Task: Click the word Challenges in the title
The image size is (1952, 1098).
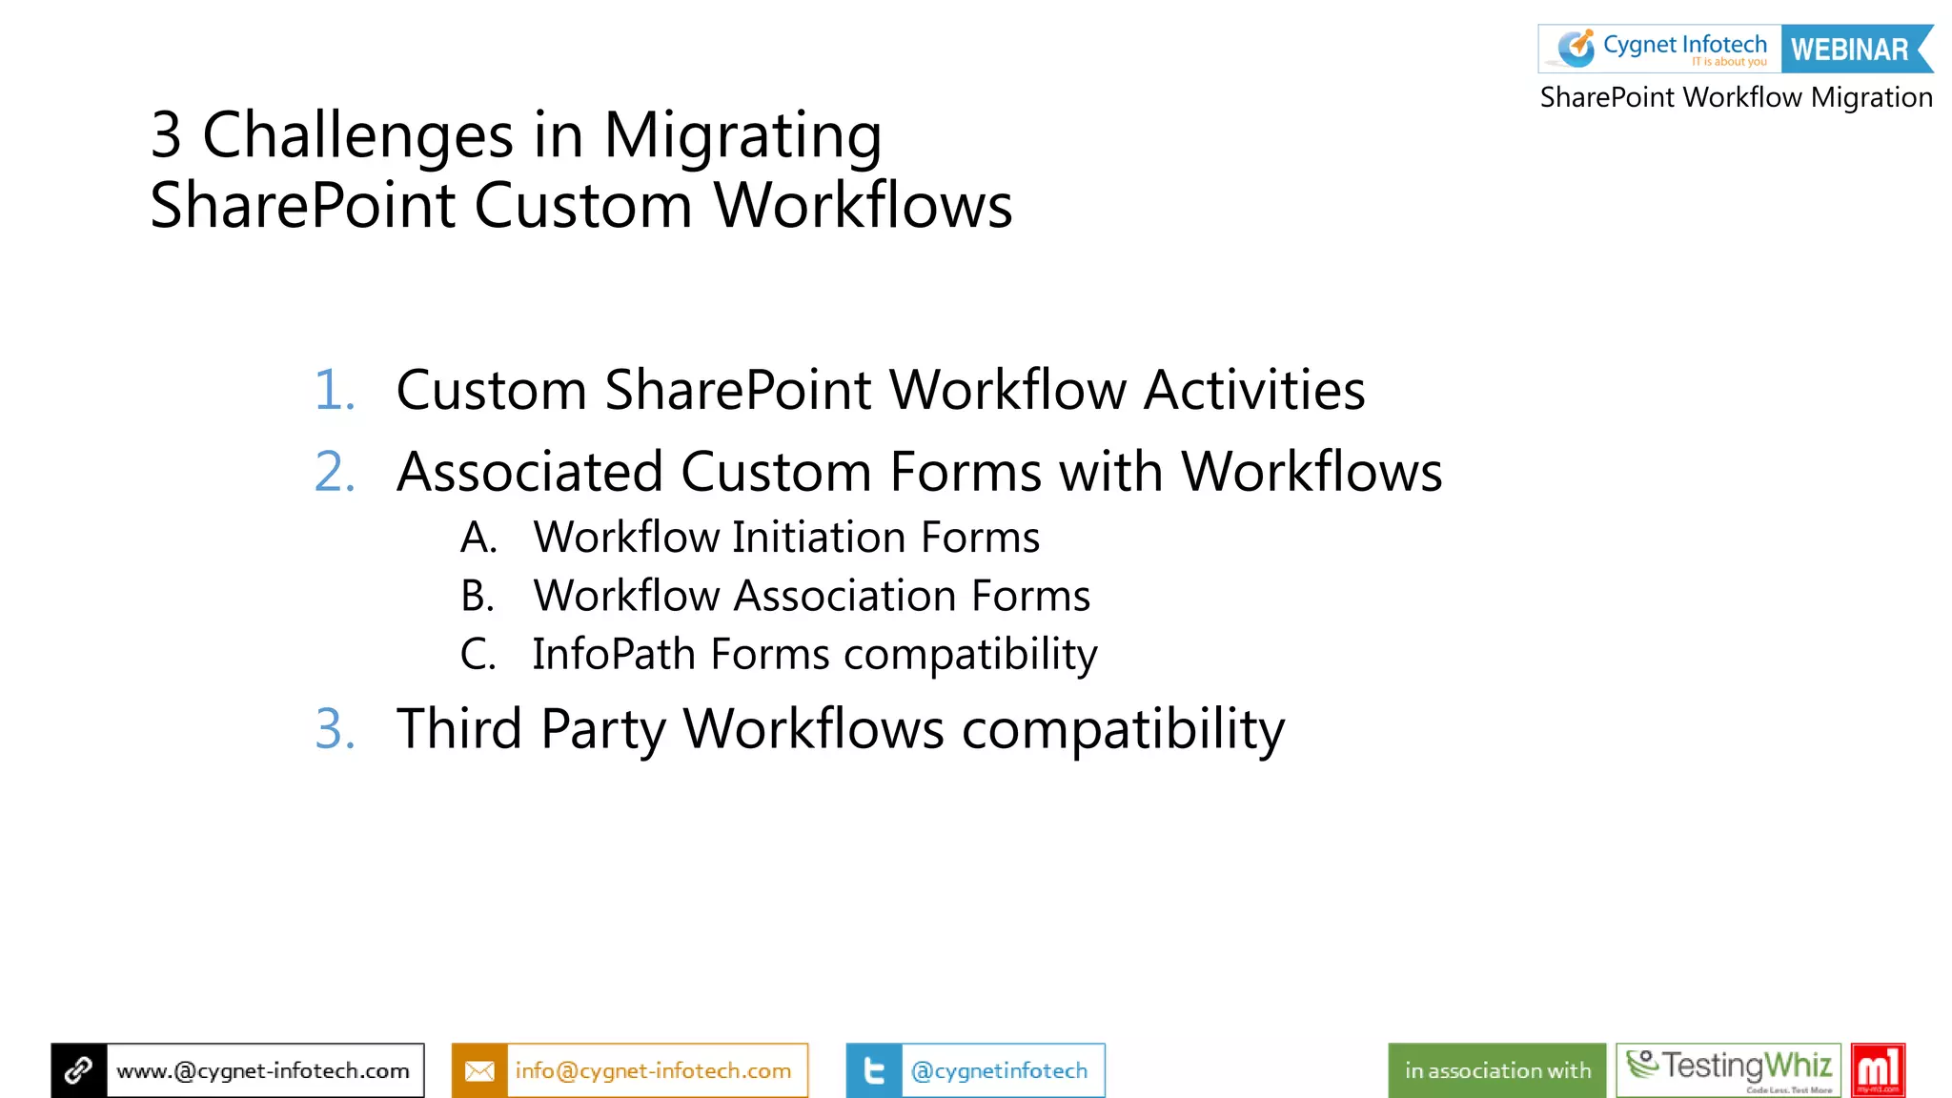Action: pyautogui.click(x=357, y=135)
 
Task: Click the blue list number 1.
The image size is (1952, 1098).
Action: pyautogui.click(x=335, y=390)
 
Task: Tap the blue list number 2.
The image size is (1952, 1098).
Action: pyautogui.click(x=335, y=472)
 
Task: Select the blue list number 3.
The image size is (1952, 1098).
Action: pyautogui.click(x=335, y=729)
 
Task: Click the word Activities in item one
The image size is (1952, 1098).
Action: pyautogui.click(x=1254, y=390)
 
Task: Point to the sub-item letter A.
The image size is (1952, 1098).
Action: pyautogui.click(x=478, y=538)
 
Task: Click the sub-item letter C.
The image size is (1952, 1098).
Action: pyautogui.click(x=478, y=655)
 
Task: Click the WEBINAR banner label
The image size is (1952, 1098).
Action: pyautogui.click(x=1850, y=50)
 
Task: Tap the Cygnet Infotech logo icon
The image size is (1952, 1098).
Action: pyautogui.click(x=1576, y=48)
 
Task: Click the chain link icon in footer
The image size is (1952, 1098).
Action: pyautogui.click(x=79, y=1070)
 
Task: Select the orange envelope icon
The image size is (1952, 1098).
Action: pyautogui.click(x=479, y=1070)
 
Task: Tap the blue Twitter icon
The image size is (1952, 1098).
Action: pyautogui.click(x=873, y=1070)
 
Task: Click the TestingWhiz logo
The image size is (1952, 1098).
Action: pyautogui.click(x=1729, y=1069)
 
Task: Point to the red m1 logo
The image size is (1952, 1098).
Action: pyautogui.click(x=1878, y=1069)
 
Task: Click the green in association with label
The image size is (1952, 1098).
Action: pyautogui.click(x=1497, y=1070)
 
